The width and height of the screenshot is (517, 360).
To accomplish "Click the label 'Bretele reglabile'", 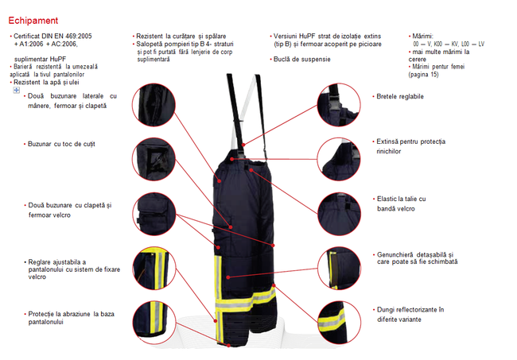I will (399, 96).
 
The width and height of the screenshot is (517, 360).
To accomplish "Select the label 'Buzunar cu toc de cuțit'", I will (60, 144).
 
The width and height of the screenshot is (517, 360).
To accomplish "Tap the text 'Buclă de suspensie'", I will (301, 60).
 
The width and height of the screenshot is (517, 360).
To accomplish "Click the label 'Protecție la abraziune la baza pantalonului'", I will (70, 319).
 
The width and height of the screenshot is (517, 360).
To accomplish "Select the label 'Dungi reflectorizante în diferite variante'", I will (409, 314).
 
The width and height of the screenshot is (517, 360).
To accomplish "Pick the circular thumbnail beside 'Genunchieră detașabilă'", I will (340, 263).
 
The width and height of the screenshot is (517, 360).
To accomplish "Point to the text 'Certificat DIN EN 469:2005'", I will (52, 37).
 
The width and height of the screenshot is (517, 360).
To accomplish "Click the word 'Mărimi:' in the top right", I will (422, 37).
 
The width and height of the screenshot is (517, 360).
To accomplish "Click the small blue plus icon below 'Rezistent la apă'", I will (17, 91).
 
